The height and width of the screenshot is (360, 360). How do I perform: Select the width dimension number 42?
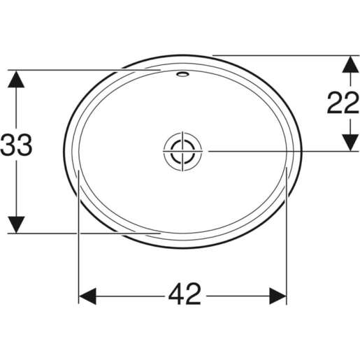click(x=183, y=295)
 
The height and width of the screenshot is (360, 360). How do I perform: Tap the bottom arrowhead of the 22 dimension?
click(x=347, y=142)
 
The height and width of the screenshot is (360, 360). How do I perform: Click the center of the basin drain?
click(x=183, y=151)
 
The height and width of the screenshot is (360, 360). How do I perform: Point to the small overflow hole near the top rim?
click(x=183, y=73)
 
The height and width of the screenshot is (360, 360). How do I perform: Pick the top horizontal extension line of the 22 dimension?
click(x=280, y=54)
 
